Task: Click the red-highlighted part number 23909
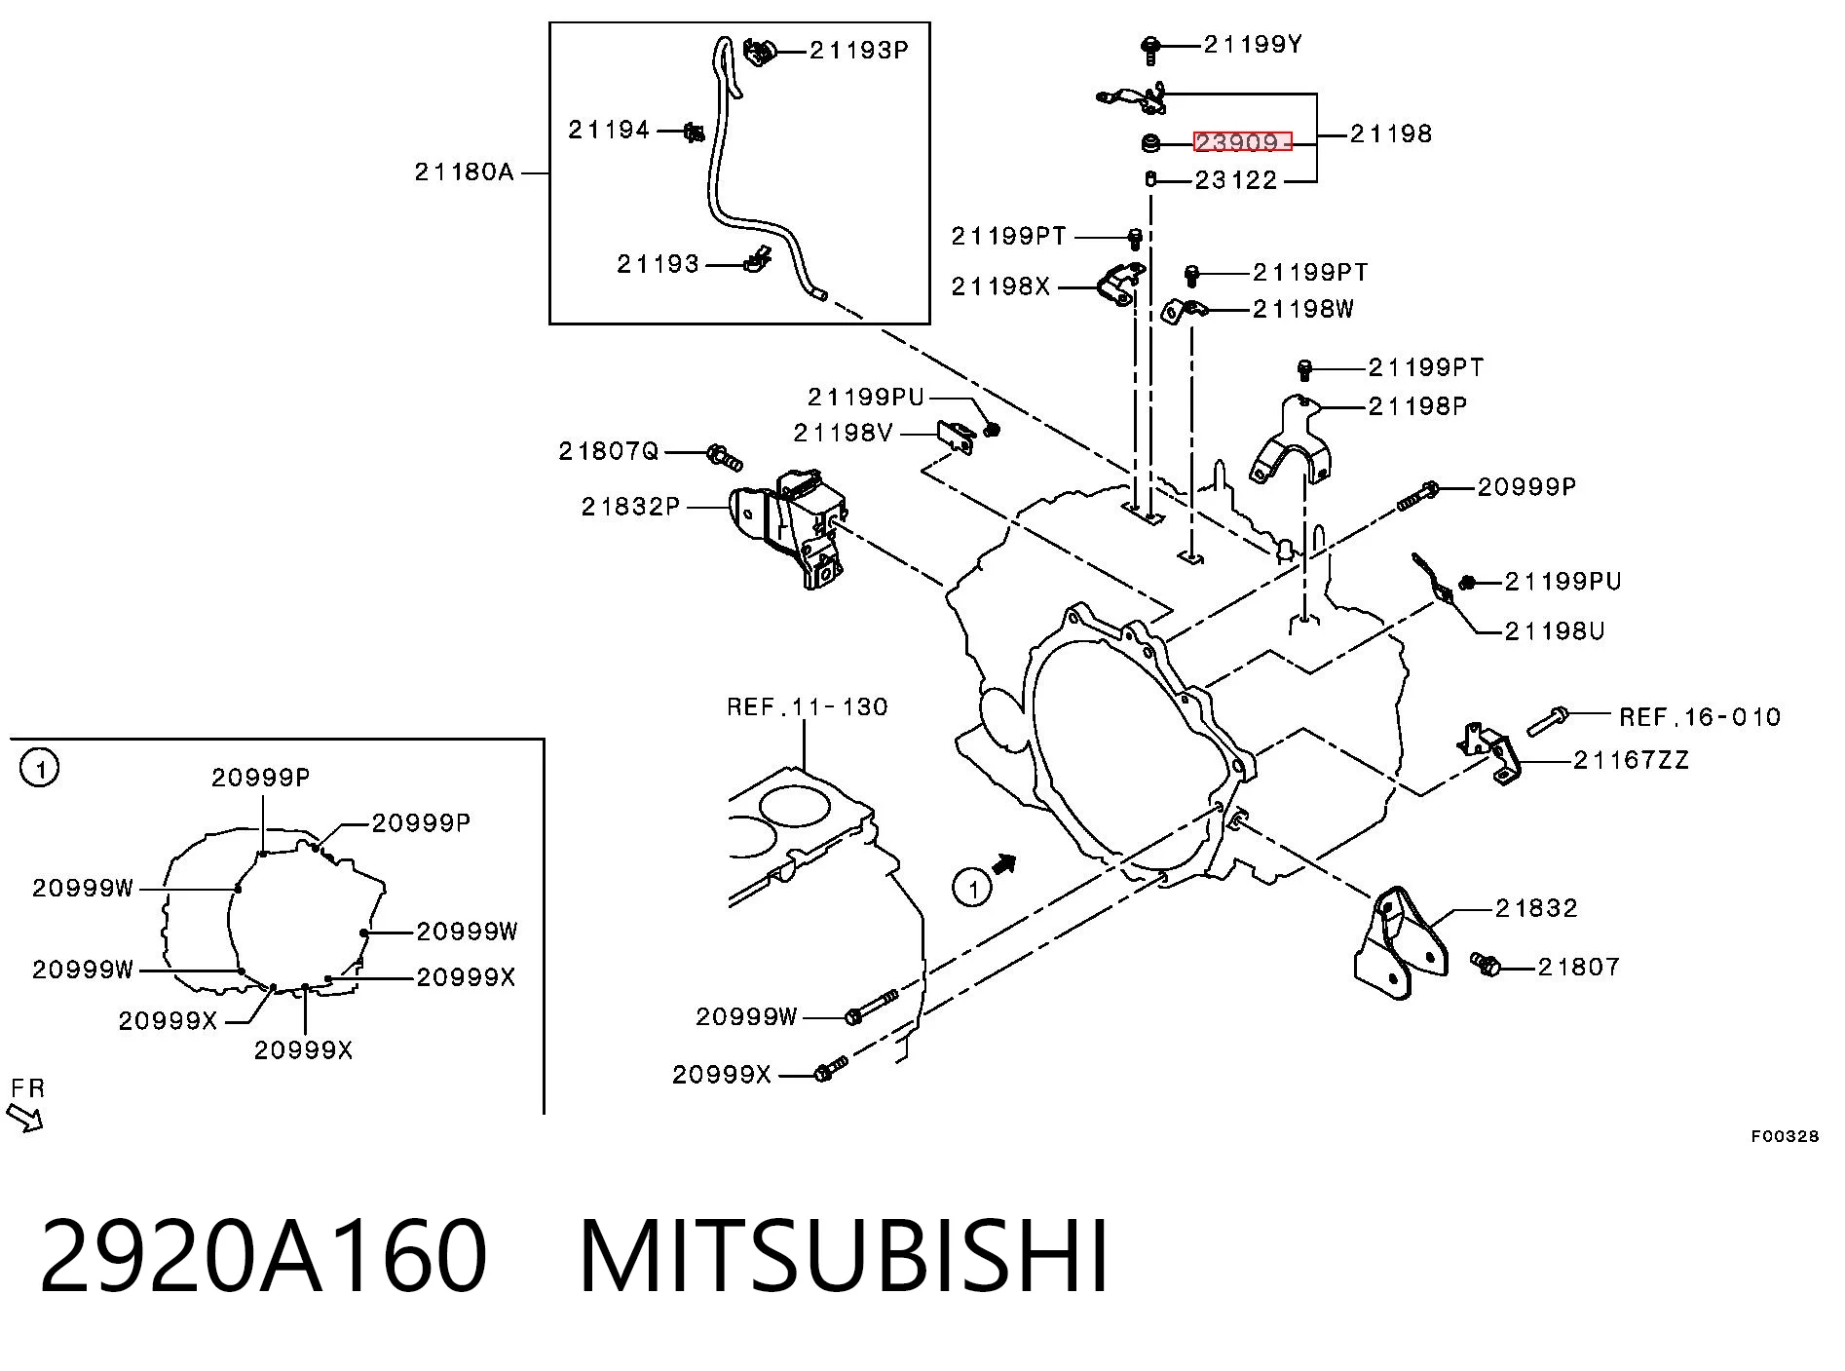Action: (1242, 142)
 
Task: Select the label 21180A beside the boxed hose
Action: (464, 172)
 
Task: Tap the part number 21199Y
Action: (1253, 44)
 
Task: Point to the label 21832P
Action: (630, 507)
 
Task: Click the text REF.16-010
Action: (1700, 717)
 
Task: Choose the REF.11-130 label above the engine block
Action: (808, 706)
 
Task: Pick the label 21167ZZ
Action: (1631, 760)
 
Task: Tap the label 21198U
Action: (1555, 631)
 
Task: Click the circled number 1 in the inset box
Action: (40, 768)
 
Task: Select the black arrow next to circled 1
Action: (1004, 864)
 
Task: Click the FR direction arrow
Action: (24, 1118)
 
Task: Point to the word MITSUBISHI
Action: (844, 1257)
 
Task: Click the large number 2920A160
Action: (263, 1257)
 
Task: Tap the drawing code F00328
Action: (1785, 1136)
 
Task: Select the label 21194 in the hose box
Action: (609, 129)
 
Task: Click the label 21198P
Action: (1417, 406)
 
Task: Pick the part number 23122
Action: (1235, 180)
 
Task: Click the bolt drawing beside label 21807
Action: (1486, 964)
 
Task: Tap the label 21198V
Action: (843, 433)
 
